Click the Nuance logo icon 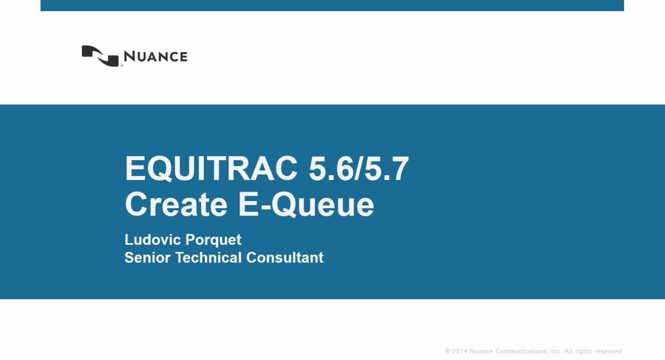coord(100,55)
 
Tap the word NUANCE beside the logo coord(155,56)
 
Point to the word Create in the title coord(176,204)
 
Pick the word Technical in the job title coord(209,258)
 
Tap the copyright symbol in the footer coord(448,352)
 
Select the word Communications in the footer coord(521,352)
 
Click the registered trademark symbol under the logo coord(121,66)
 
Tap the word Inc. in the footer coord(556,352)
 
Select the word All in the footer coord(569,352)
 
